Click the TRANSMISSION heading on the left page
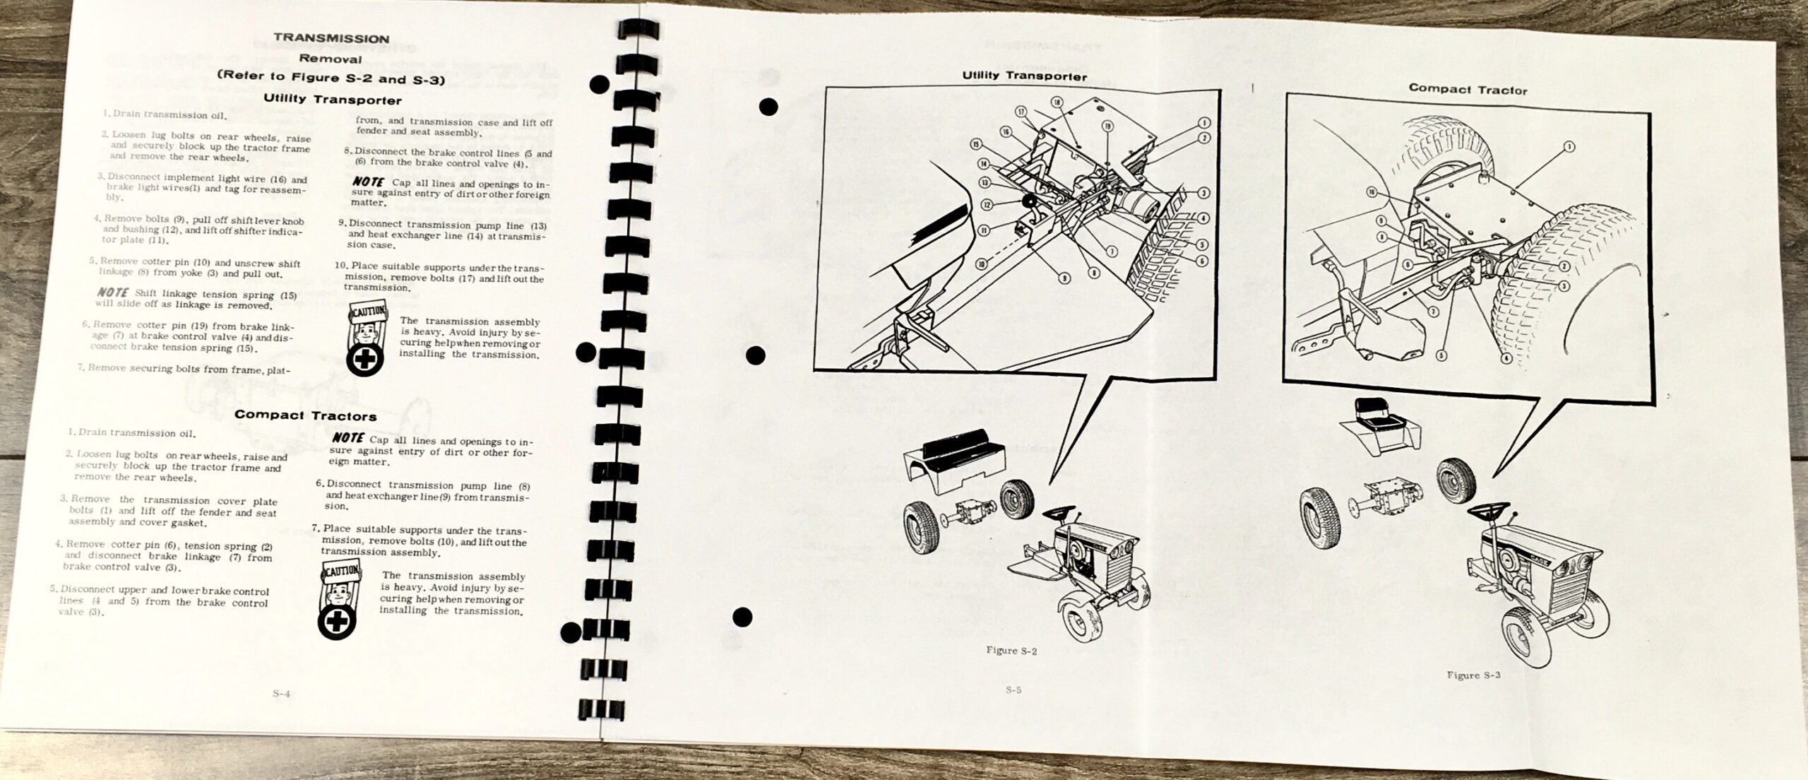tap(331, 38)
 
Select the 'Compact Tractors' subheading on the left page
tap(305, 415)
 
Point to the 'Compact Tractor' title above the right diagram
tap(1468, 90)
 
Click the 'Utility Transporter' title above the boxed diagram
tap(1025, 76)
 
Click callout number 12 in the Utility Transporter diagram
tap(986, 204)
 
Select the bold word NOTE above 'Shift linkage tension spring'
tap(113, 292)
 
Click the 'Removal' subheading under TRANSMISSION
tap(331, 59)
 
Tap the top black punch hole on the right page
tap(768, 107)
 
